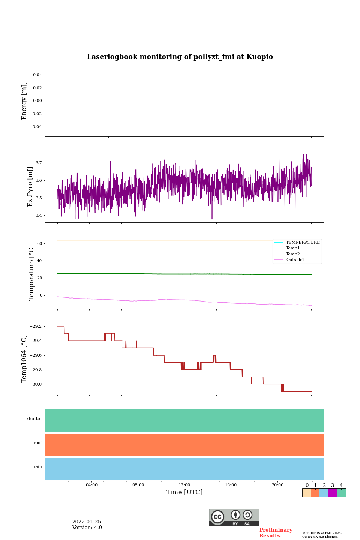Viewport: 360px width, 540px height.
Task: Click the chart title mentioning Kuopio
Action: [x=180, y=57]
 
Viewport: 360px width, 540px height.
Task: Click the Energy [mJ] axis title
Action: [x=24, y=101]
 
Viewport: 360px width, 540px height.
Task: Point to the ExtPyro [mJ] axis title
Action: [x=30, y=187]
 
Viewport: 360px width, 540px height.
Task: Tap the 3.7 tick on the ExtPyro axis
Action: [x=39, y=163]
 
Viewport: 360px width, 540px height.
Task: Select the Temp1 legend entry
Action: [x=293, y=248]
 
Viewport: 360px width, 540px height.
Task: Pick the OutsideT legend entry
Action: [x=295, y=260]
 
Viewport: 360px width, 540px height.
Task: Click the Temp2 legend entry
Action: [x=293, y=254]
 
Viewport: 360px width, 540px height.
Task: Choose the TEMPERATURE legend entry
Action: [x=303, y=242]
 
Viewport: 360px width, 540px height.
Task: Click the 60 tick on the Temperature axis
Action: [x=39, y=243]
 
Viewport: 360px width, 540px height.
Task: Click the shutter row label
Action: [x=34, y=419]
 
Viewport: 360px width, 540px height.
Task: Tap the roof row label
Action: [x=38, y=443]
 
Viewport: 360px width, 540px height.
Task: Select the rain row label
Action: [x=38, y=467]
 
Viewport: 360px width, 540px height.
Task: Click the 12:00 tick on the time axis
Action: [x=184, y=485]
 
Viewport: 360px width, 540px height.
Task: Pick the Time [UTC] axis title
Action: [x=184, y=492]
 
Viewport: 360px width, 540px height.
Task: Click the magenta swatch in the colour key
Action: [x=332, y=493]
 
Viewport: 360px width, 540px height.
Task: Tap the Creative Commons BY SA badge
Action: [x=234, y=517]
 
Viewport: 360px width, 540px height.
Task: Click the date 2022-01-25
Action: [x=87, y=522]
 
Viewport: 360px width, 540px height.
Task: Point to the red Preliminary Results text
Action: [x=276, y=533]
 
